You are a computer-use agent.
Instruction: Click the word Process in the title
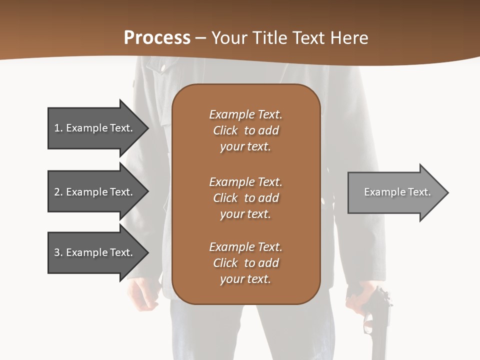[157, 38]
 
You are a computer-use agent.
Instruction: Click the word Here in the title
[349, 38]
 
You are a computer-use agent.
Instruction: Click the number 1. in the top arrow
[58, 128]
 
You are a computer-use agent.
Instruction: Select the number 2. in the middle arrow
[58, 192]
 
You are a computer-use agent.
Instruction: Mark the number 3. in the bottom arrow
[58, 252]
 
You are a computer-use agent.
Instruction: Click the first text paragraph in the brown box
[245, 130]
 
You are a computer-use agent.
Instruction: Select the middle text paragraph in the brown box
[245, 198]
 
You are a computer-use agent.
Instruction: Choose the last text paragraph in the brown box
[245, 263]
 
